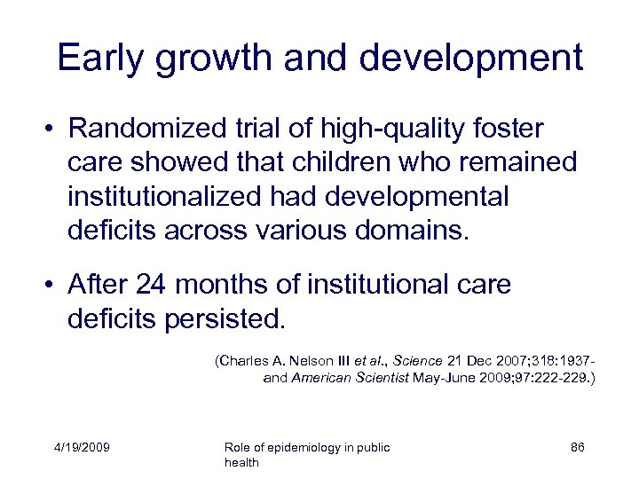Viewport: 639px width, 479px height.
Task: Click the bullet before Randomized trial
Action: (53, 130)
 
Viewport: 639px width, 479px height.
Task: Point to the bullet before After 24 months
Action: (53, 285)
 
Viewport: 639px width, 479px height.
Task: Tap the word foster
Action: (509, 129)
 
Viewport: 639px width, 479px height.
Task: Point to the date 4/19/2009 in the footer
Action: (81, 447)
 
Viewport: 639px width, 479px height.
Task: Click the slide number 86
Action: (577, 447)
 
